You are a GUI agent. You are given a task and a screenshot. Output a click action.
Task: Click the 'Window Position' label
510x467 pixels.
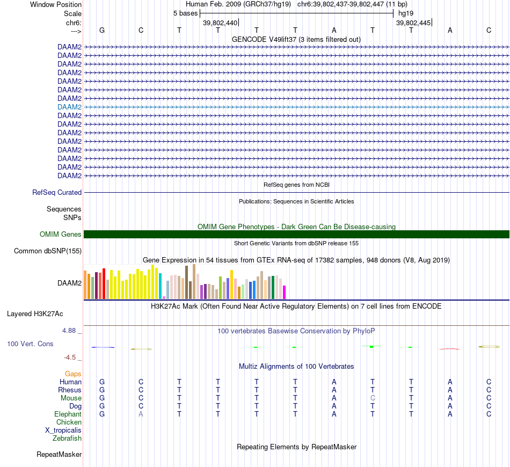coord(56,4)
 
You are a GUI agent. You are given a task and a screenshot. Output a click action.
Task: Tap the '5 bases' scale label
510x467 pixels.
coord(185,13)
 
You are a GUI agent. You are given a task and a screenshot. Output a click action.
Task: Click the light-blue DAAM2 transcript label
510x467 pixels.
coord(69,107)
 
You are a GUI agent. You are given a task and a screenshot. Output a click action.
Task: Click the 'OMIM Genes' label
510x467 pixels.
coord(61,234)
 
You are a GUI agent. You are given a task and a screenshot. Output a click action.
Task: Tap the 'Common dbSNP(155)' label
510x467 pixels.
coord(48,251)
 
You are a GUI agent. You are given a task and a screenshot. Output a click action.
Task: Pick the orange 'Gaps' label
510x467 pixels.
coord(73,374)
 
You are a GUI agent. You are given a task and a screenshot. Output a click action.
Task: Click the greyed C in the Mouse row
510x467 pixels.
coord(373,398)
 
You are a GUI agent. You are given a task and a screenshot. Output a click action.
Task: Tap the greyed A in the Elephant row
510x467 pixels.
coord(141,414)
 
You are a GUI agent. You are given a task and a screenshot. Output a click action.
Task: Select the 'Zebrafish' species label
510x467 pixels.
coord(67,439)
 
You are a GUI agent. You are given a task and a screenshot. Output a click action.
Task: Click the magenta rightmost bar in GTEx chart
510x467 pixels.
coord(285,292)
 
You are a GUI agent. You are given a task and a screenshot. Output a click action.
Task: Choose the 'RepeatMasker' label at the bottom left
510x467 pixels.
coord(59,455)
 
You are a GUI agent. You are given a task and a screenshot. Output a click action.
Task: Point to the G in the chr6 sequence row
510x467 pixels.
coord(102,30)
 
